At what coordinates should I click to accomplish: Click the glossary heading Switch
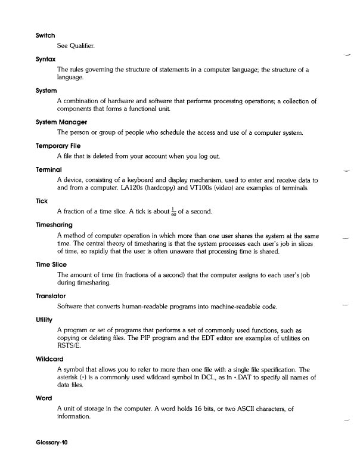[46, 36]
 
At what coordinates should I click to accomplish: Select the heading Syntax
[46, 60]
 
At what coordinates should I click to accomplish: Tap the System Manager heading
[61, 122]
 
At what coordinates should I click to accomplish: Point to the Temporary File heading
[58, 146]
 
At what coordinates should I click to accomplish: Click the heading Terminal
[49, 169]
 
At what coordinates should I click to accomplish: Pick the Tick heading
[42, 201]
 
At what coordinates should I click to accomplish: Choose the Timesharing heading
[54, 225]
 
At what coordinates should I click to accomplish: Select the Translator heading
[51, 296]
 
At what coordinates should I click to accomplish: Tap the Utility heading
[45, 320]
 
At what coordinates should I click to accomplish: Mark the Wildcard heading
[50, 360]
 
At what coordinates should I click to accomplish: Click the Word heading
[44, 398]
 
